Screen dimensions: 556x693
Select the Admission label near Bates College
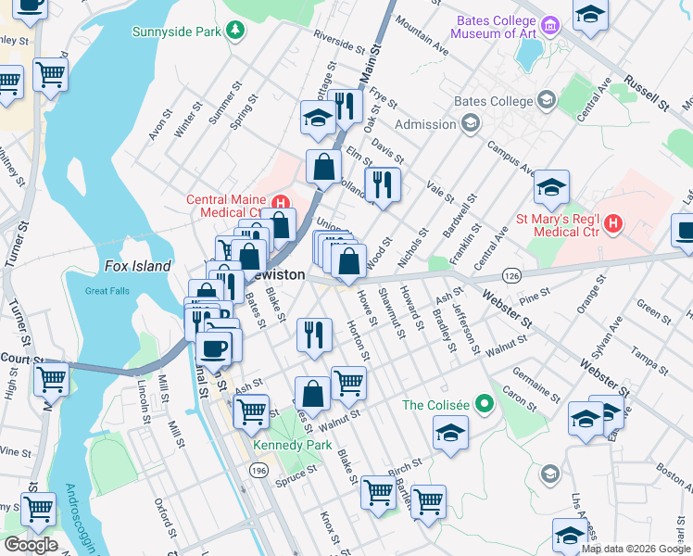click(426, 124)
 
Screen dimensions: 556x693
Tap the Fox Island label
click(137, 266)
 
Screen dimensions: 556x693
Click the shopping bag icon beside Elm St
click(323, 167)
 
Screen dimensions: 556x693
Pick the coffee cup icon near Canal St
click(214, 348)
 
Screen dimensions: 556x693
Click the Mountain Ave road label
click(426, 40)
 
